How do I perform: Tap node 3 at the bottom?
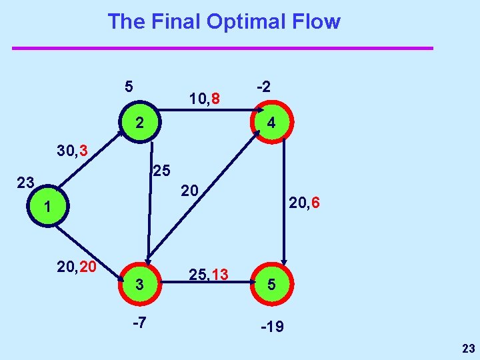(x=139, y=284)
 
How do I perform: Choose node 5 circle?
(x=271, y=284)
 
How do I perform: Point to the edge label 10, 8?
(x=205, y=100)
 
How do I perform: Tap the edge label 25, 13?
(x=209, y=274)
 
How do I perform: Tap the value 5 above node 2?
(x=129, y=86)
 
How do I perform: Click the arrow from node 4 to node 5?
(x=285, y=200)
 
